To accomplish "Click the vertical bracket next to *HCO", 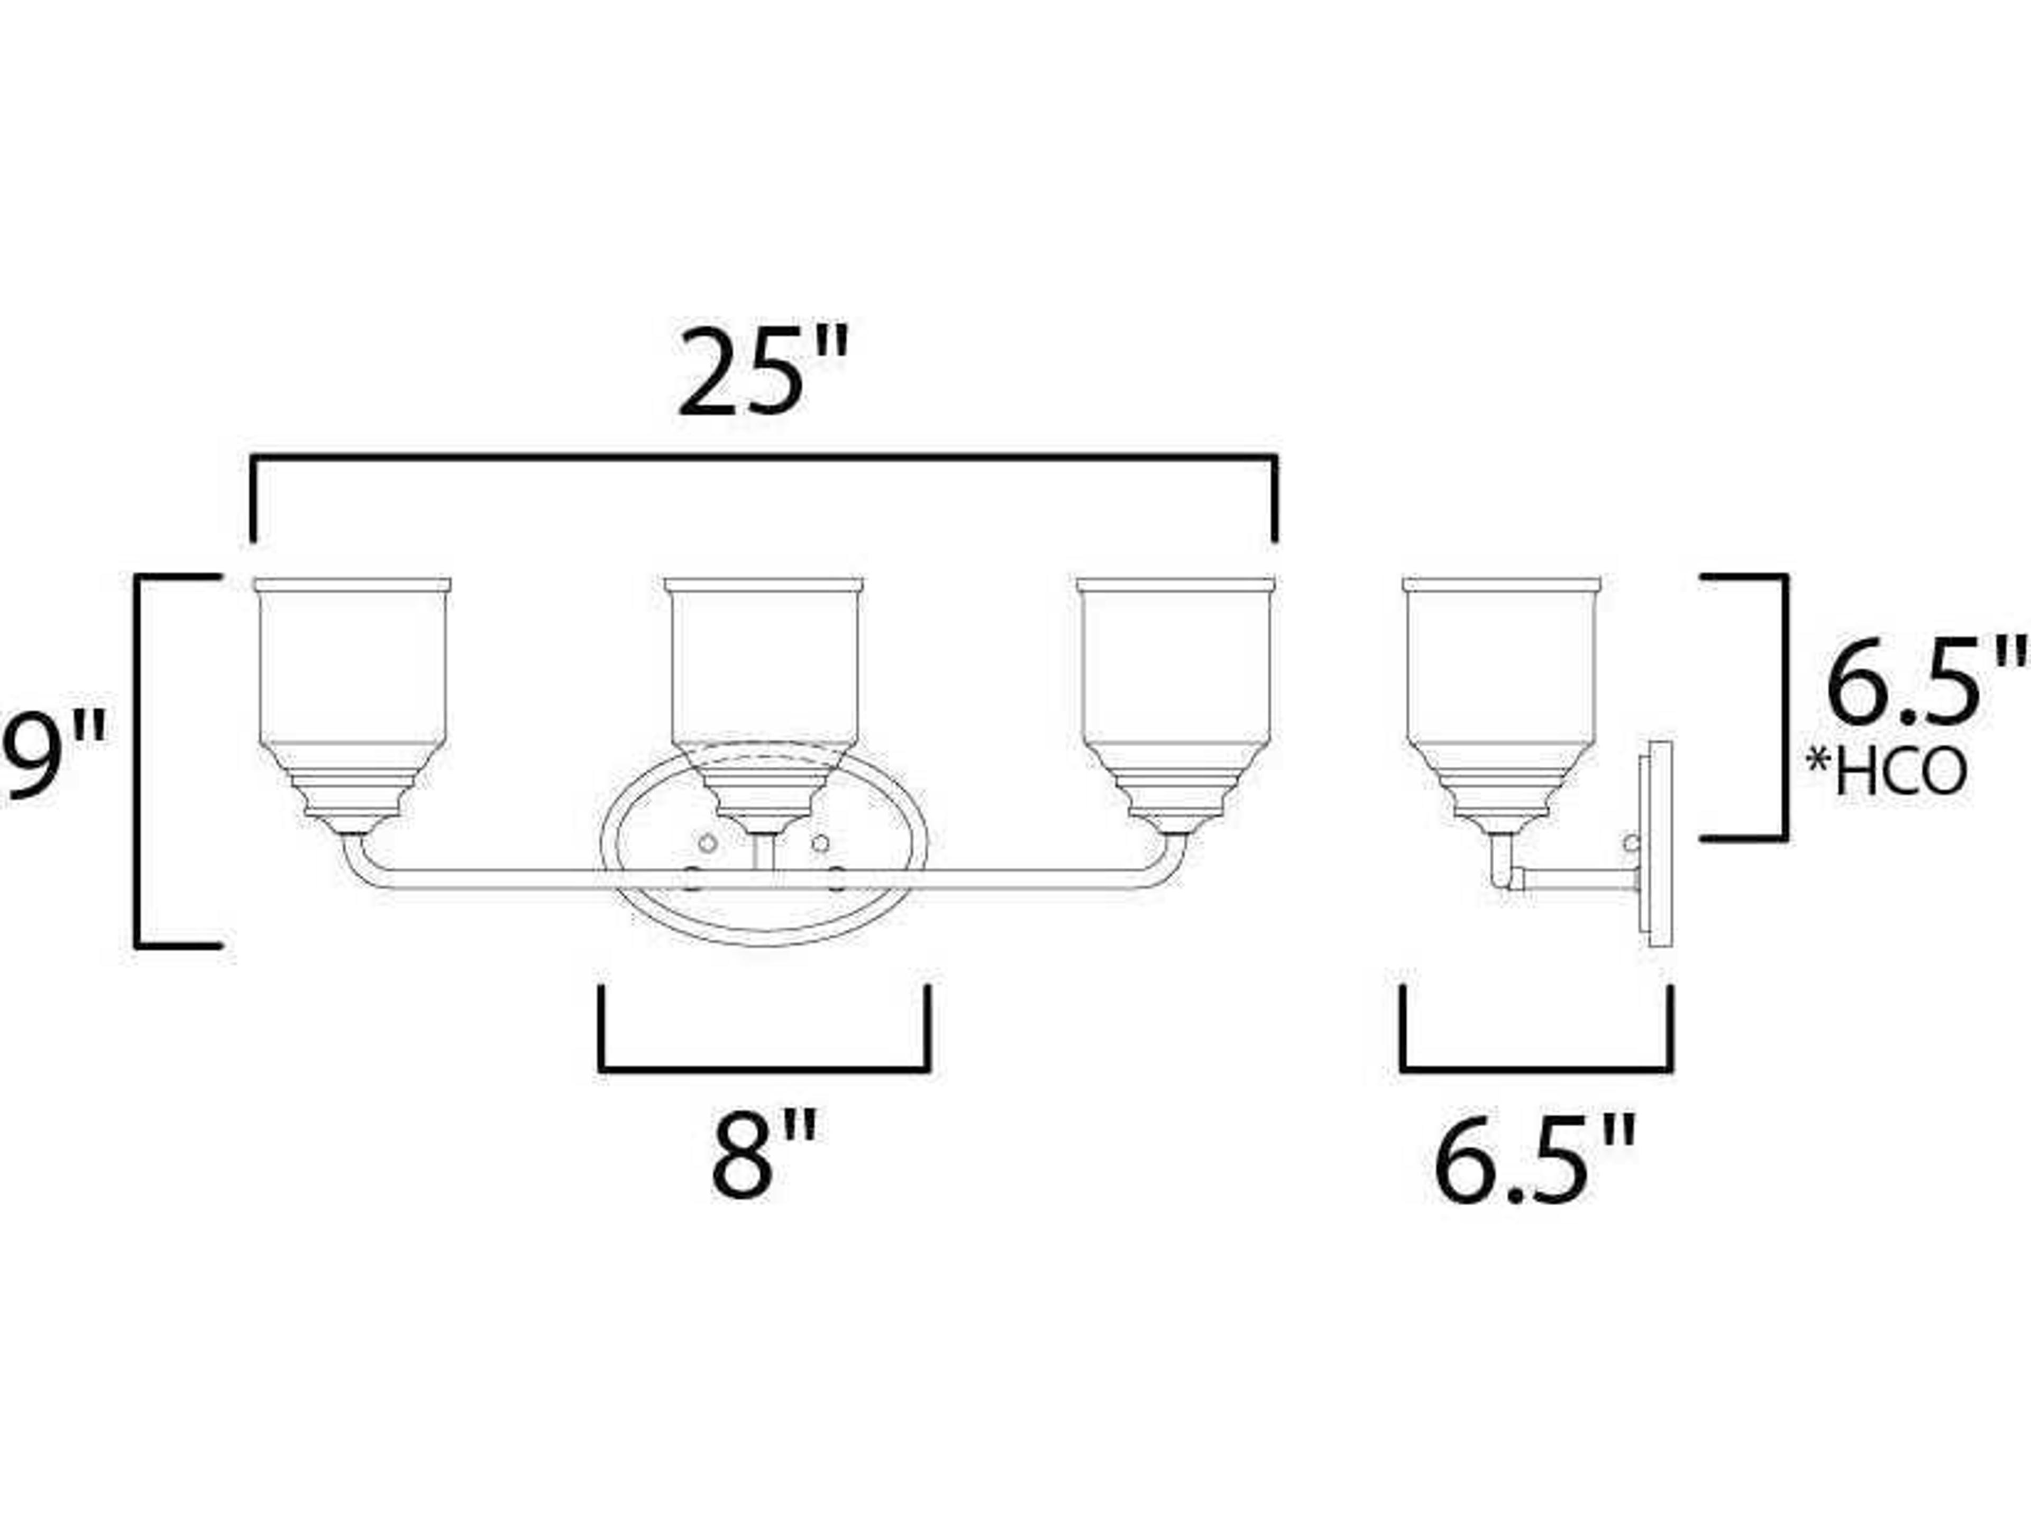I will click(x=1786, y=707).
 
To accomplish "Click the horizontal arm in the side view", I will click(x=1579, y=879).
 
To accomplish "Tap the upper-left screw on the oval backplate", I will click(x=707, y=842).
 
